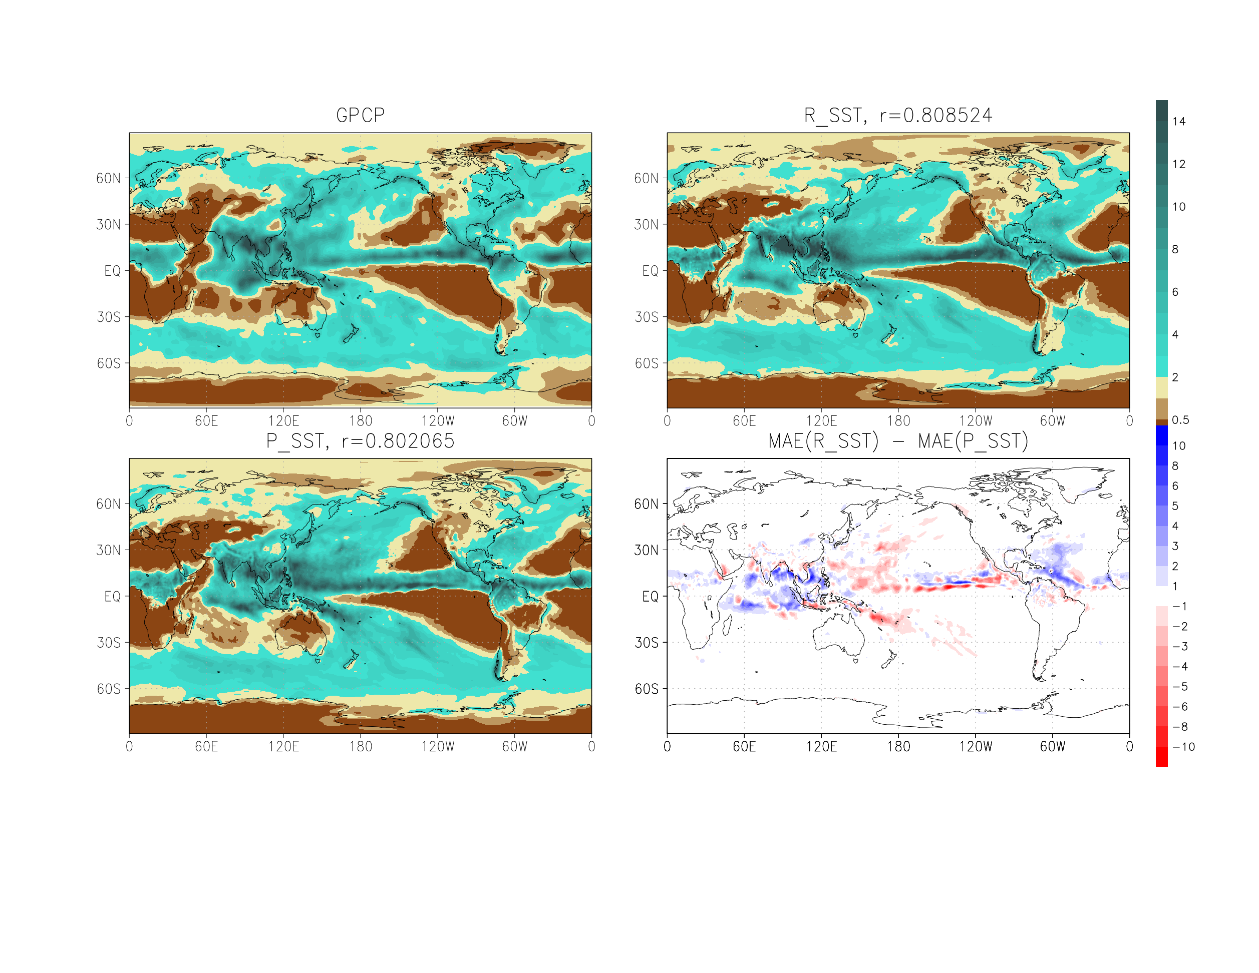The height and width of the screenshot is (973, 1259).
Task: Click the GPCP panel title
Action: tap(360, 115)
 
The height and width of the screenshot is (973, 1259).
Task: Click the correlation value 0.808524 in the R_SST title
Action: tap(947, 115)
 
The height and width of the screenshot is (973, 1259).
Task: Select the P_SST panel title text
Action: tap(360, 441)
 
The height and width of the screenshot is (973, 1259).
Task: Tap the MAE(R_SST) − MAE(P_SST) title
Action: tap(898, 441)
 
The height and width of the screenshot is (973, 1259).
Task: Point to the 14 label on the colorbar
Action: tap(1179, 122)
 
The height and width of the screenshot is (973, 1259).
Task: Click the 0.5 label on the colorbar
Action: tap(1180, 420)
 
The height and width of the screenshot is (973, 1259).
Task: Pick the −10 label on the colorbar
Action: tap(1183, 747)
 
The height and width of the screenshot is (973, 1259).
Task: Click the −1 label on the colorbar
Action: tap(1179, 606)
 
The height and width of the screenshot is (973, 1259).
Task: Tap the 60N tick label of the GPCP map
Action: tap(108, 179)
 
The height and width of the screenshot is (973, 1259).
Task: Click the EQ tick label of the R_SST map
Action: tap(650, 271)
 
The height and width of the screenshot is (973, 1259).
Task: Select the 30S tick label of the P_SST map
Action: tap(108, 642)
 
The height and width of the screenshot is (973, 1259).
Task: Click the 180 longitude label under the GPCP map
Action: tap(360, 421)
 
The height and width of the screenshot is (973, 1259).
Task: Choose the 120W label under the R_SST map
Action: tap(976, 421)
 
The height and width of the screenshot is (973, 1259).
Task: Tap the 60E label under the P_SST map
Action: tap(206, 747)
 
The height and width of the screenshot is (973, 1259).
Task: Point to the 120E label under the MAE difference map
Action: tap(821, 747)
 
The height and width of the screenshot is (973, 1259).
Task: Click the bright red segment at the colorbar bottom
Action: tap(1161, 756)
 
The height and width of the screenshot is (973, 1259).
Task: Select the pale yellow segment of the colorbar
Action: tap(1161, 388)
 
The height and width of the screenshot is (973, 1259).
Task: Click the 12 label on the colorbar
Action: tap(1179, 164)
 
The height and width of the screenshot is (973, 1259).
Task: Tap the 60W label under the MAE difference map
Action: tap(1053, 747)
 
